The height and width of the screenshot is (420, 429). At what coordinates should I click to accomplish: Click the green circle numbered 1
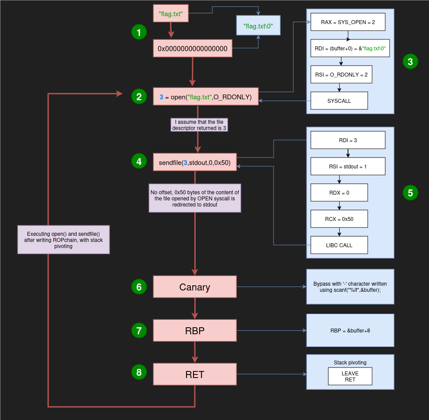point(139,32)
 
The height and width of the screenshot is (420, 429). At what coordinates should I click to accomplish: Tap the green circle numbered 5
point(410,192)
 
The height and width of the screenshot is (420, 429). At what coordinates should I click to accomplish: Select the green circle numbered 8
point(139,372)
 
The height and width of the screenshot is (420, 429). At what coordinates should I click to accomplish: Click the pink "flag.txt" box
point(171,13)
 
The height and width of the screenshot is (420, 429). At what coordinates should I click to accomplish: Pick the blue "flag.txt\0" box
point(258,26)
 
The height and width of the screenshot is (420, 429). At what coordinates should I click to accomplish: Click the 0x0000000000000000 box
point(193,49)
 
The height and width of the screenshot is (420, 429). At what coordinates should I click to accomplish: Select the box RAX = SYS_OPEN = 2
point(348,22)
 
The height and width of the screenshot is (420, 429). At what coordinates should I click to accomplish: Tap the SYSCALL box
point(339,101)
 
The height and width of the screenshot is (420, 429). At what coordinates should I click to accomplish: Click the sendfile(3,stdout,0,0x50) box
point(195,162)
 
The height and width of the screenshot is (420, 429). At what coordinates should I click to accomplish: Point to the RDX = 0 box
point(339,192)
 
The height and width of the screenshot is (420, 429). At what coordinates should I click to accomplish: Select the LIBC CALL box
point(339,245)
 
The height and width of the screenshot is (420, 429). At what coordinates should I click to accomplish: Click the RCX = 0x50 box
point(339,219)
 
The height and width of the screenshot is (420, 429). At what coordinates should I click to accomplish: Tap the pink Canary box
point(195,287)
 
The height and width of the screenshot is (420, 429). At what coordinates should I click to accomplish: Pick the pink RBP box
point(195,330)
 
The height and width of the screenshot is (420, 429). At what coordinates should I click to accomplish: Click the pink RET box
point(195,374)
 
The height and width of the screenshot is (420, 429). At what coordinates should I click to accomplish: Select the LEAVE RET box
point(350,376)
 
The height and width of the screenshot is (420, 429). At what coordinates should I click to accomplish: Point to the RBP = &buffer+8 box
point(350,330)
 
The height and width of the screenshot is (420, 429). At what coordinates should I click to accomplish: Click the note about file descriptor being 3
point(199,125)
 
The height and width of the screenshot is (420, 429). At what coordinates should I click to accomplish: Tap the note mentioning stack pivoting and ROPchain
point(63,240)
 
